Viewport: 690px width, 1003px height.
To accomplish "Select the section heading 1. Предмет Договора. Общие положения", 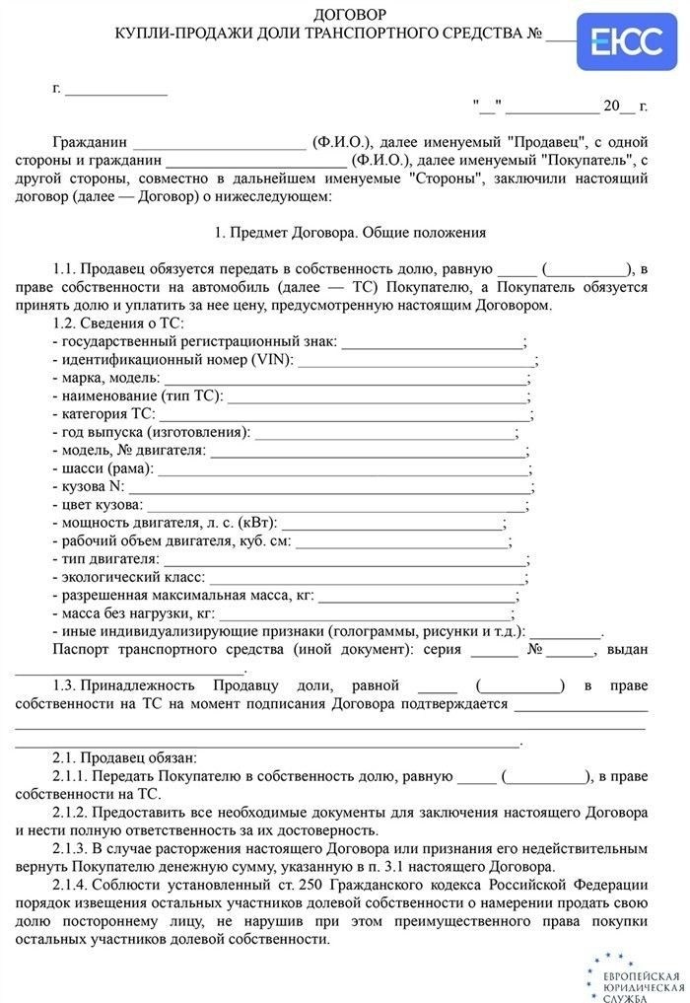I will (350, 234).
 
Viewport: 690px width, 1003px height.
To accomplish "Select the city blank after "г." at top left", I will (116, 89).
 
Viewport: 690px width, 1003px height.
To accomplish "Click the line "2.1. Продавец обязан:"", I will (124, 757).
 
